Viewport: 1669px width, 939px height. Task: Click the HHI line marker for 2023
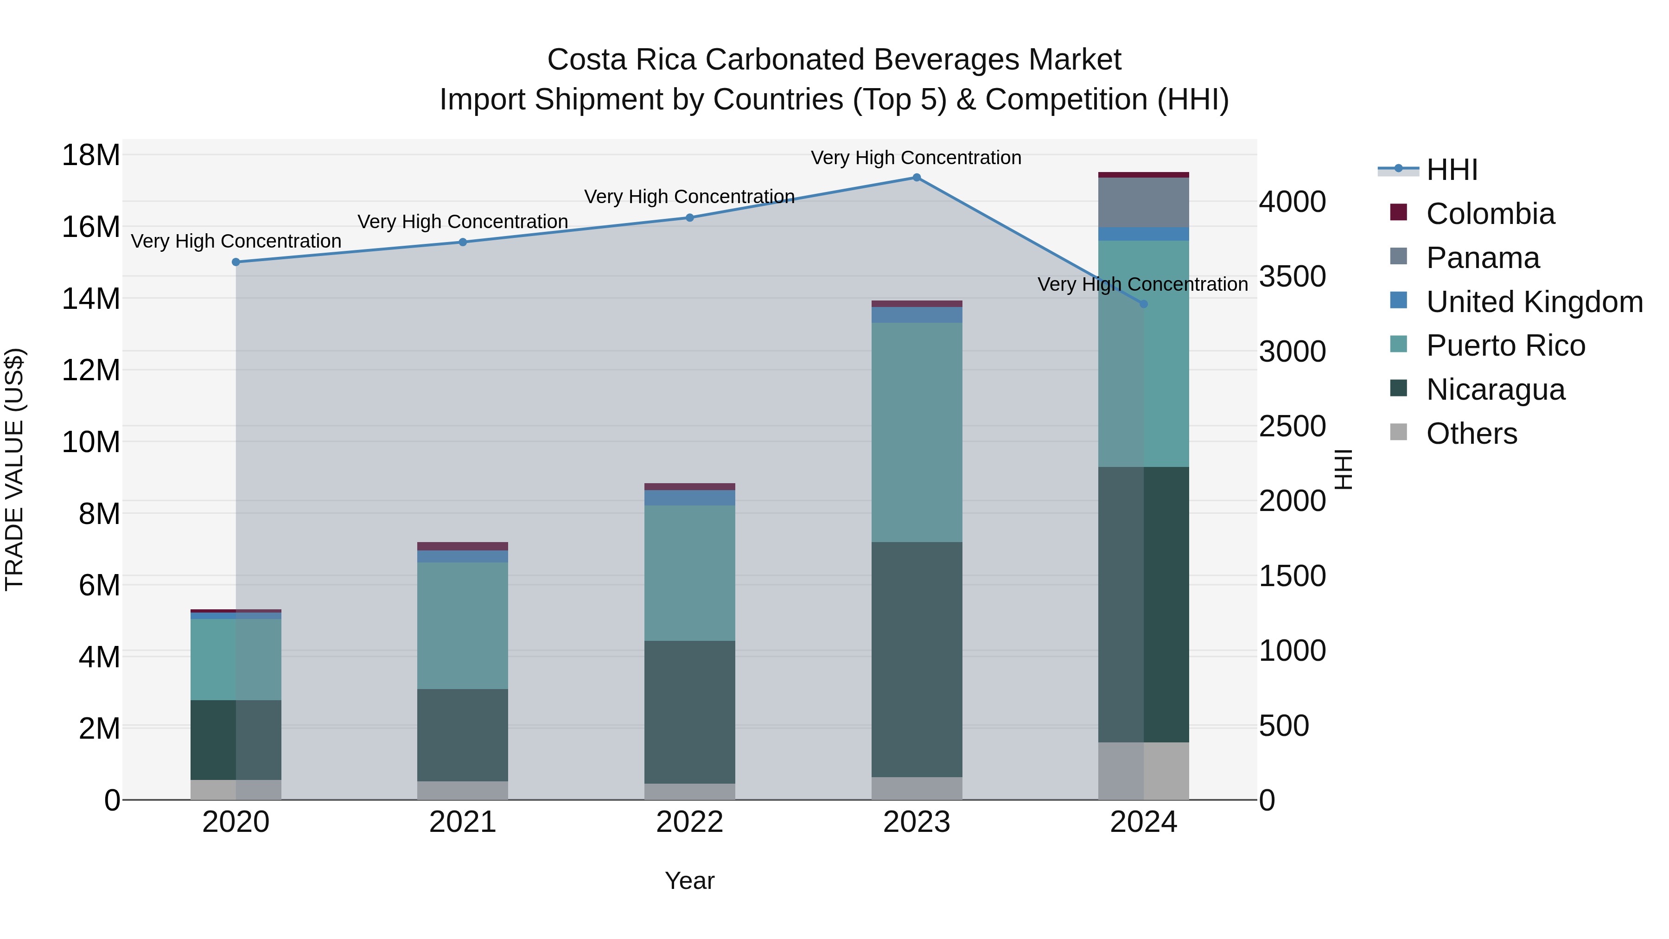916,178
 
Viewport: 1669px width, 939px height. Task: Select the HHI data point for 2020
236,262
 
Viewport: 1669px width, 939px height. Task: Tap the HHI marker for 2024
1143,303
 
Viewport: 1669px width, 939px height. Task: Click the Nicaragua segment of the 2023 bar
916,659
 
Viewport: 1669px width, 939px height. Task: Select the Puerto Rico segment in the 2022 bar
689,573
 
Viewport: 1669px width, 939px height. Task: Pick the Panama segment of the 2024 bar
1143,202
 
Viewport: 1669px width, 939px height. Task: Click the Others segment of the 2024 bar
1143,771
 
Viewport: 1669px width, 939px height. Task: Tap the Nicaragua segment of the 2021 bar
463,735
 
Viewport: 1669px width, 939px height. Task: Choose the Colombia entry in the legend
1490,214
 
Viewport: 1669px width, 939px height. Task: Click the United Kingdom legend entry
1534,302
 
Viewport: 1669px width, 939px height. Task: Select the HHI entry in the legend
1451,170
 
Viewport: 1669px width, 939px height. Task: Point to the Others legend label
1472,434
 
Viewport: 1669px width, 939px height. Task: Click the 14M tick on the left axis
91,299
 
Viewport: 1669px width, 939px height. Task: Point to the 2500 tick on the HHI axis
1292,427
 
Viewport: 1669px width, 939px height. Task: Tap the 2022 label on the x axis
689,822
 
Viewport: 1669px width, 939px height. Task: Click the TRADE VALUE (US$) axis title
14,469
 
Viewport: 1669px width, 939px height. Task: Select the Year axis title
689,881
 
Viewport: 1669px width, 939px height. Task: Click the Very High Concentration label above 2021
463,222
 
